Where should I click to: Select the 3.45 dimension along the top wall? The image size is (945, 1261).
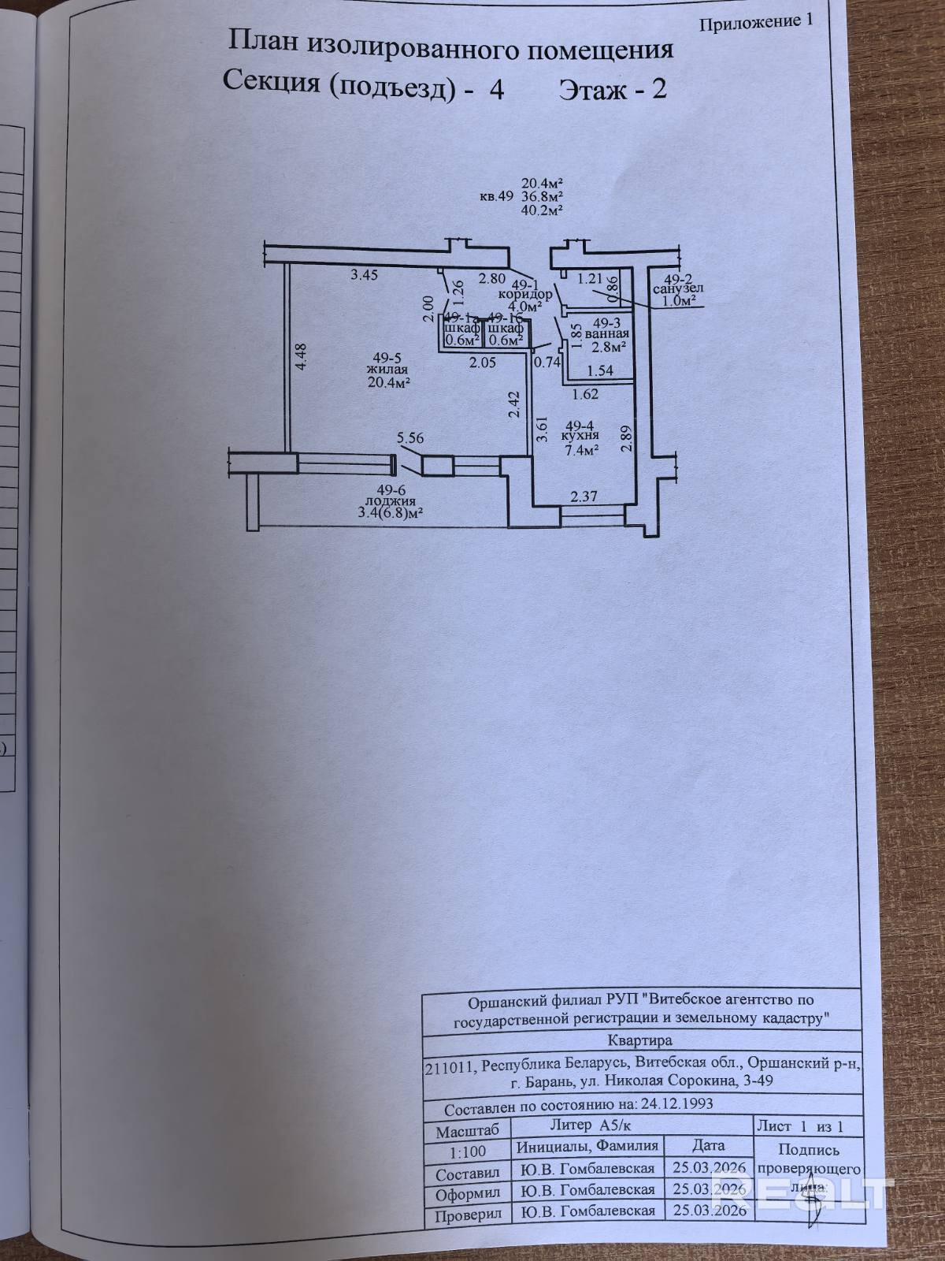[x=365, y=275]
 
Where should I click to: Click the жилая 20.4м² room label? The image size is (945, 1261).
[x=386, y=374]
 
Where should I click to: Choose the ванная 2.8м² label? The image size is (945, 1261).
[x=610, y=339]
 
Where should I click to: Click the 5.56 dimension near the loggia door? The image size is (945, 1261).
[x=410, y=437]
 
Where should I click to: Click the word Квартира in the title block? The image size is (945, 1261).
[x=640, y=1040]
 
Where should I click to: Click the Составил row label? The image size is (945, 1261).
[x=468, y=1174]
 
